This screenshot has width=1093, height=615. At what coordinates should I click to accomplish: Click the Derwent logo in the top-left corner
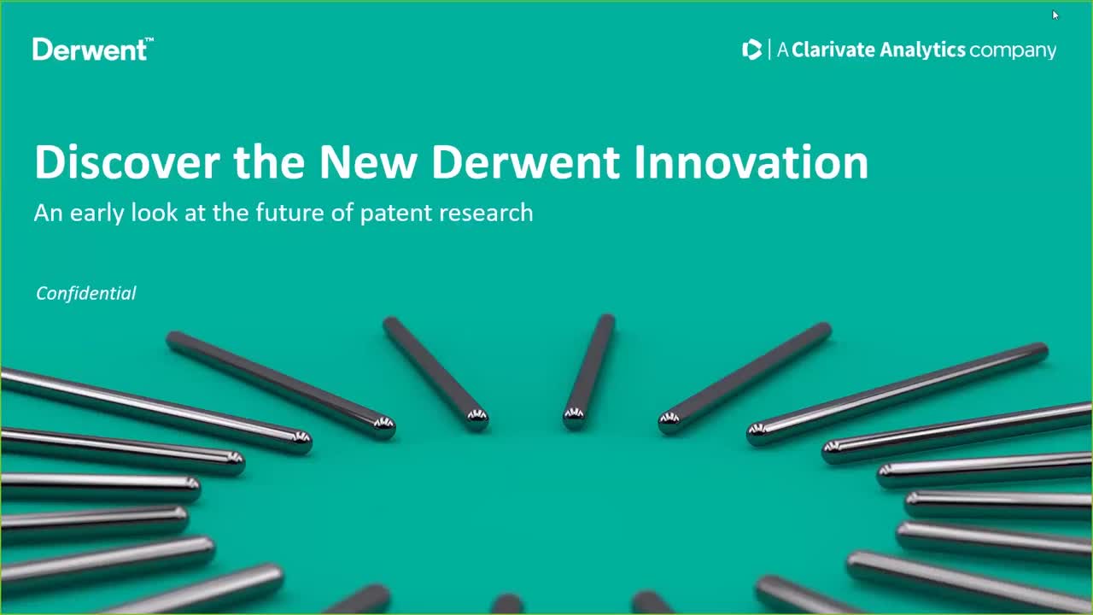tap(90, 50)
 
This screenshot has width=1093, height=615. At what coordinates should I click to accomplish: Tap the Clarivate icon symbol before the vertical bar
tap(751, 50)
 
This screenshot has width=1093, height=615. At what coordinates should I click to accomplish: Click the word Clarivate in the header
tap(833, 50)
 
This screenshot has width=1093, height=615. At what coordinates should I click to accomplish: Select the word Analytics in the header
tap(922, 50)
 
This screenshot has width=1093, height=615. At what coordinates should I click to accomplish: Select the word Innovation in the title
tap(751, 161)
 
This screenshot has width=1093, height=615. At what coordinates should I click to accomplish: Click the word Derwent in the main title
tap(526, 161)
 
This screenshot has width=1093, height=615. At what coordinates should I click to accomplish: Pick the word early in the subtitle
tap(97, 213)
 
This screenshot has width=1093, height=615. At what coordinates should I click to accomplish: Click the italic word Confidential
tap(85, 293)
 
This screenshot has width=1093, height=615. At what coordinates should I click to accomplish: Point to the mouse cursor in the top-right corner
tap(1055, 15)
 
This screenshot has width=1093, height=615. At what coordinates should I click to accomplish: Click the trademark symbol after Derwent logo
tap(149, 40)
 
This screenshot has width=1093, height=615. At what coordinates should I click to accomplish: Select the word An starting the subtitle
tap(48, 213)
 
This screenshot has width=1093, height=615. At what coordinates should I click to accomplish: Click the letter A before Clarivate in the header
tap(782, 50)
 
